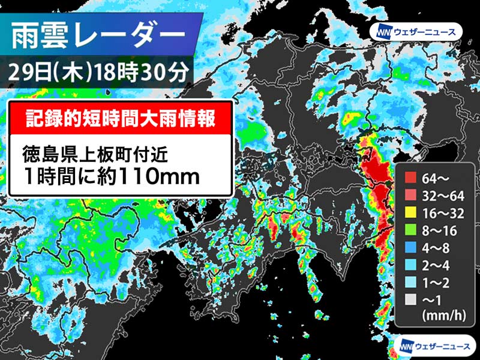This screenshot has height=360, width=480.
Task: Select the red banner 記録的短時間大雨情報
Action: (121, 116)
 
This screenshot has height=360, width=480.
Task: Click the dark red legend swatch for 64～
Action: (409, 177)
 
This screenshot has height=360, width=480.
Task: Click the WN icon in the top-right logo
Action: (382, 31)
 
